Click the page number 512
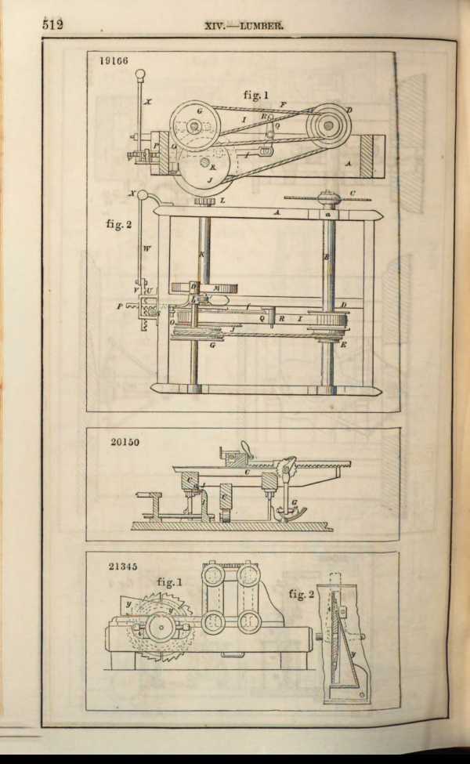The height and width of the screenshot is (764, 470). [x=52, y=24]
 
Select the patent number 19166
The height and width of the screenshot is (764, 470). [x=114, y=60]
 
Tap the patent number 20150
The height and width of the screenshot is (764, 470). [x=125, y=442]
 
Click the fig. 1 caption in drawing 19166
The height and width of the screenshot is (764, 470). [x=256, y=95]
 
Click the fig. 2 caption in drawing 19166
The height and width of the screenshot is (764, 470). [x=121, y=224]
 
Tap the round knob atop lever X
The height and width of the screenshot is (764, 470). [x=140, y=75]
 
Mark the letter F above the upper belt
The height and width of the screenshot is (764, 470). [x=283, y=103]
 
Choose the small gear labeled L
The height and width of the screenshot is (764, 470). [x=205, y=201]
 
